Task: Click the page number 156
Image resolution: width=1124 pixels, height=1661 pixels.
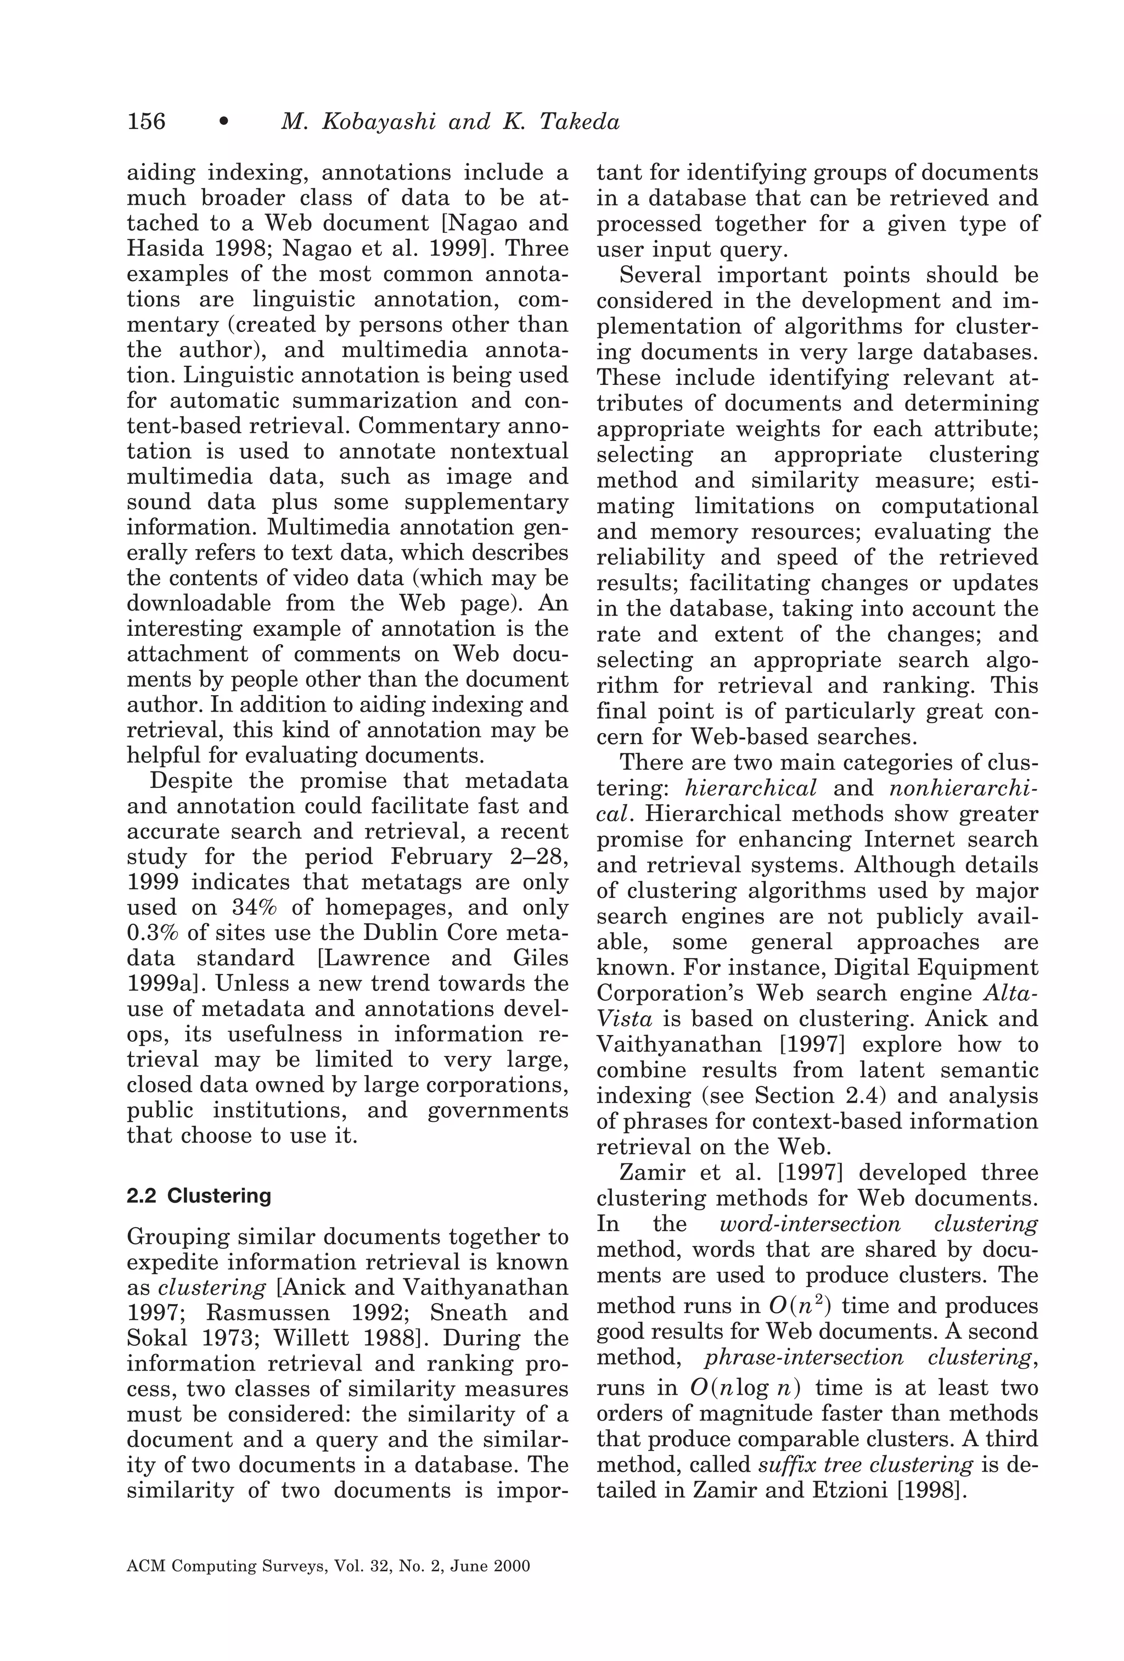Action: coord(146,121)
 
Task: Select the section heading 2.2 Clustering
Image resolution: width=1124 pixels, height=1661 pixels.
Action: coord(199,1196)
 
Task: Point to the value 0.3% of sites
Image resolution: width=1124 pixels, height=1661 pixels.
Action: coord(151,933)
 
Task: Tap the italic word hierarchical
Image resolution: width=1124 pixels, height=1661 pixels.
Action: coord(750,788)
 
